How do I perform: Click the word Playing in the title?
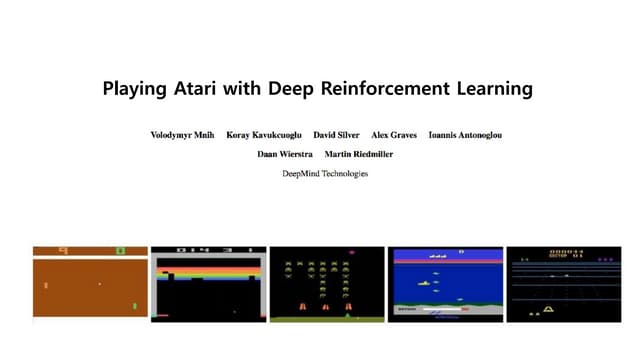136,89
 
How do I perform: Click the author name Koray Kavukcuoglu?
262,135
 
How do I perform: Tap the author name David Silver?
337,135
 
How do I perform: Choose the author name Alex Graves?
394,135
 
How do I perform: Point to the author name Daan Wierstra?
285,154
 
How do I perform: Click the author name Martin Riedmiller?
358,154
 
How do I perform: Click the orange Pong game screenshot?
90,284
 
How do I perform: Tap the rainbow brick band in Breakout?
208,271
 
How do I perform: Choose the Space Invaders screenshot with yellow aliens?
326,284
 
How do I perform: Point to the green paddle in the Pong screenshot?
134,306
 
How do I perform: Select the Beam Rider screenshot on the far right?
563,284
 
